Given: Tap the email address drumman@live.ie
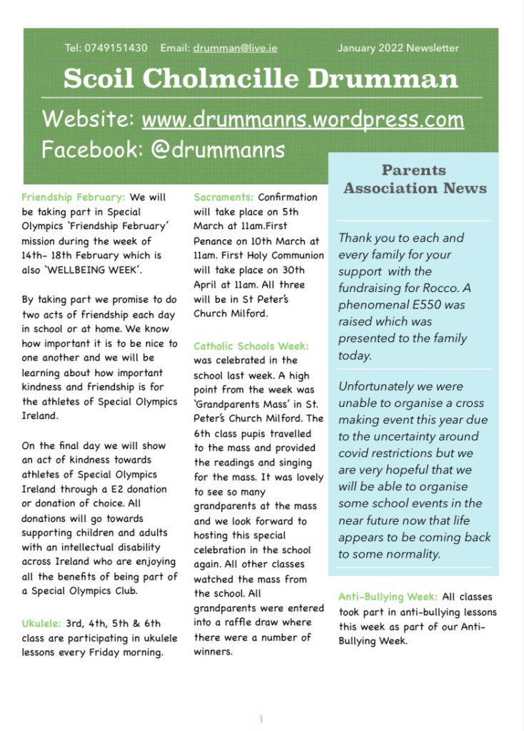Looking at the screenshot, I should [x=235, y=49].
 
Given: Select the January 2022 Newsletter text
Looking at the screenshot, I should [x=398, y=49].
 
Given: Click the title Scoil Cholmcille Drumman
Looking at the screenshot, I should [x=261, y=78].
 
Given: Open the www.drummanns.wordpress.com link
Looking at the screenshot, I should [x=303, y=119].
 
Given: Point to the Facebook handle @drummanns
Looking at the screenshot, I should [x=218, y=150].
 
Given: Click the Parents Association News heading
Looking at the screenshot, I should [x=414, y=179].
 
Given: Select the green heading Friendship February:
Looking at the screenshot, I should [x=74, y=197].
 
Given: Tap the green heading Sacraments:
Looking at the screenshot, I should [x=223, y=197].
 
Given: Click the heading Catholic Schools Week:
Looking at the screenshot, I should [x=251, y=346].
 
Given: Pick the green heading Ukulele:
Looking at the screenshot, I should [x=41, y=623].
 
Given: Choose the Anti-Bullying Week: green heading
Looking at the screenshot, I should [x=389, y=597].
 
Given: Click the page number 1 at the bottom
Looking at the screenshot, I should [x=261, y=719].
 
